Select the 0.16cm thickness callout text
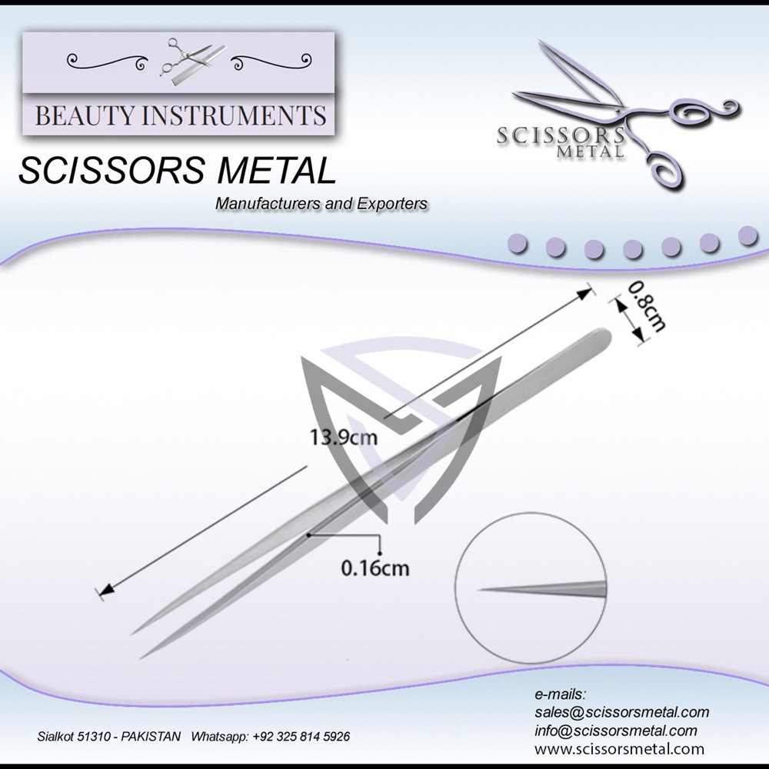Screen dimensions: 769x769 375,569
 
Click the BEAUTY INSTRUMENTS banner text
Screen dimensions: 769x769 181,116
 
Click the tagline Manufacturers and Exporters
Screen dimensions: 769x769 321,204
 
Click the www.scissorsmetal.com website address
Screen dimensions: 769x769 619,748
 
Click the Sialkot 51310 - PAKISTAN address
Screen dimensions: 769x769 109,737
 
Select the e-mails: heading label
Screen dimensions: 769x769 560,694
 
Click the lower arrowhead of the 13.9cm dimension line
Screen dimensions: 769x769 105,590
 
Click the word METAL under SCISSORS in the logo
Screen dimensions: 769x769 593,151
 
